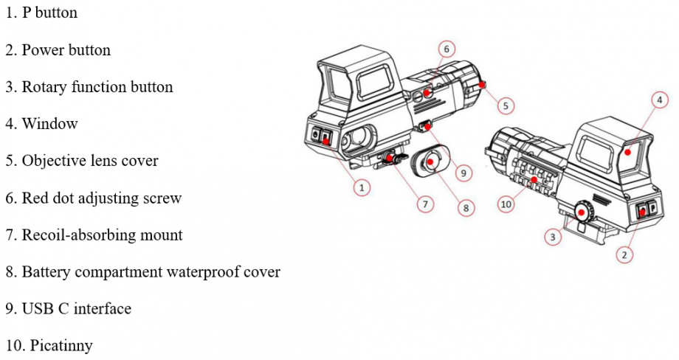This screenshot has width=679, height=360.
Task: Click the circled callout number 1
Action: click(362, 188)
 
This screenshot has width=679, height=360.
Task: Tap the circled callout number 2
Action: click(624, 255)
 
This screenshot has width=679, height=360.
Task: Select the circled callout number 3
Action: click(553, 237)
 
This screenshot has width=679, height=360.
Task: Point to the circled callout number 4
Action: click(660, 100)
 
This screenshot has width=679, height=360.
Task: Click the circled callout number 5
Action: click(506, 105)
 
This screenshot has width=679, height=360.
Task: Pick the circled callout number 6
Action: click(447, 49)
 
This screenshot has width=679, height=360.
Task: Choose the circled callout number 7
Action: click(425, 204)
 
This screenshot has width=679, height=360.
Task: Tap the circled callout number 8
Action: click(466, 208)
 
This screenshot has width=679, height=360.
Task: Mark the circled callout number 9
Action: click(463, 173)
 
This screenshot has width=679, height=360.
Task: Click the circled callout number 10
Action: click(506, 204)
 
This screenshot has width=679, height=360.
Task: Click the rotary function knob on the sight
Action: click(581, 212)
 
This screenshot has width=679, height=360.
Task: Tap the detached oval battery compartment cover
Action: click(429, 162)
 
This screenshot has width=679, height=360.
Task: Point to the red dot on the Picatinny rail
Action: click(534, 179)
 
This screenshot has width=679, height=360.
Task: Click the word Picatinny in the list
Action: click(61, 345)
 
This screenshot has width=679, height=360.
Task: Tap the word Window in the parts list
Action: click(49, 124)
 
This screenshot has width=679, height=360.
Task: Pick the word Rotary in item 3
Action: click(44, 87)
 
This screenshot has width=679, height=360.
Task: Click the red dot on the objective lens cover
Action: click(481, 85)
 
